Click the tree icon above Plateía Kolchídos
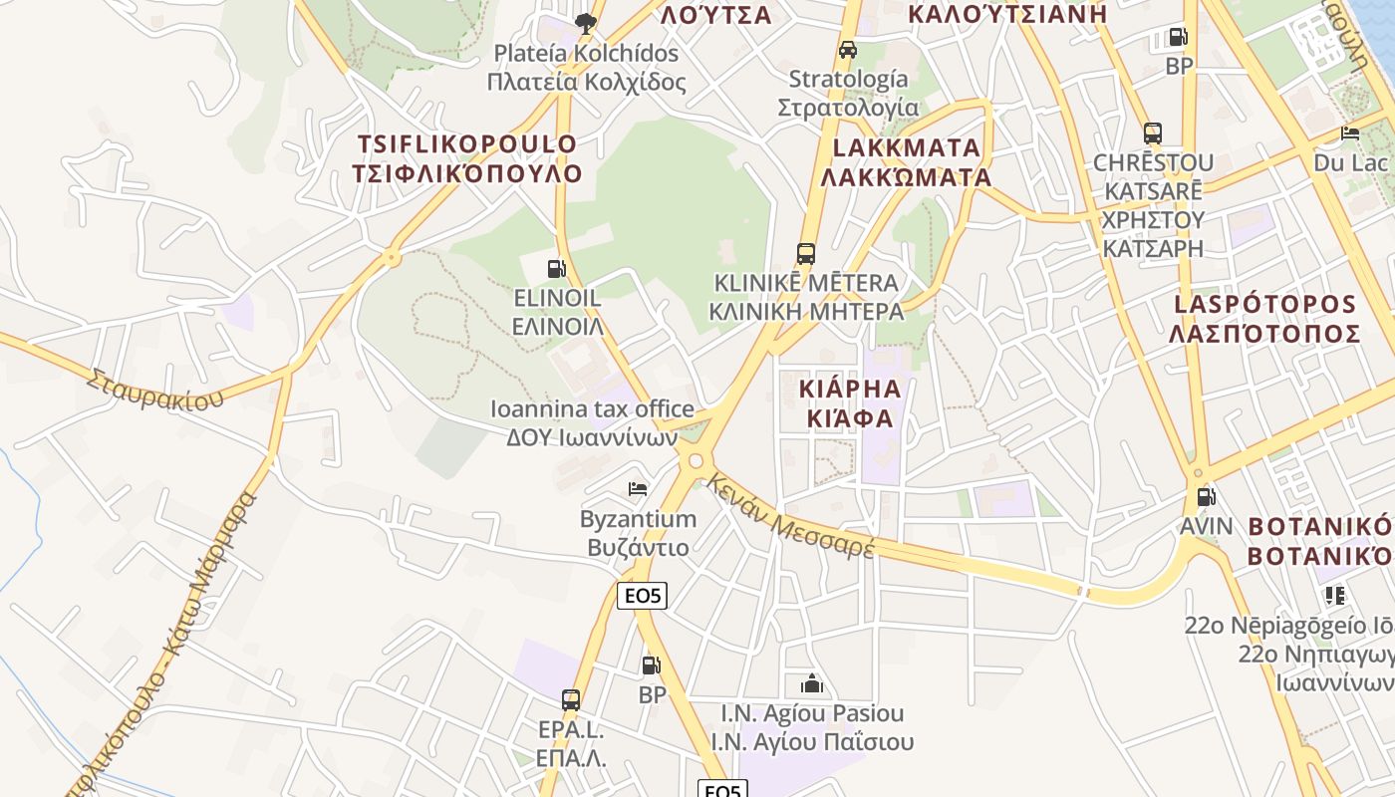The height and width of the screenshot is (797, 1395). pyautogui.click(x=586, y=22)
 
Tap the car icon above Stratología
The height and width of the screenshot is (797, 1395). pyautogui.click(x=848, y=50)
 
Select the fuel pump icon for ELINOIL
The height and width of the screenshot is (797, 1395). pyautogui.click(x=556, y=268)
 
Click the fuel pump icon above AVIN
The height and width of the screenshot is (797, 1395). pyautogui.click(x=1206, y=496)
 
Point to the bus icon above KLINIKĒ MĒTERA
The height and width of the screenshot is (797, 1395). pyautogui.click(x=805, y=254)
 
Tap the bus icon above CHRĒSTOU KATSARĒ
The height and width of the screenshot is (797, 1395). pyautogui.click(x=1153, y=133)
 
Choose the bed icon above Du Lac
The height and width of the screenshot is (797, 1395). pyautogui.click(x=1350, y=133)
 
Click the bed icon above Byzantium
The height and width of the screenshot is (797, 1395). pyautogui.click(x=638, y=489)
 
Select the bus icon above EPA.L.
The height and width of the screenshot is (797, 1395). pyautogui.click(x=571, y=699)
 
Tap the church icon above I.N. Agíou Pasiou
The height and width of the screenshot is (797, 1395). pyautogui.click(x=812, y=683)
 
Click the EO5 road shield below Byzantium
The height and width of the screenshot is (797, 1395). pyautogui.click(x=642, y=596)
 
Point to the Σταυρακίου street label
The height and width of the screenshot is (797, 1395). pyautogui.click(x=154, y=390)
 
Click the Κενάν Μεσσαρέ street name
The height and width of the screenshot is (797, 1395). pyautogui.click(x=791, y=516)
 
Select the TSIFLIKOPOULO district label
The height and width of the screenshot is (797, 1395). pyautogui.click(x=467, y=143)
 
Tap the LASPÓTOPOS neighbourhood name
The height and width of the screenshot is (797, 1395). pyautogui.click(x=1264, y=304)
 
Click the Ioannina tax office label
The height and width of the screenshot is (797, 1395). pyautogui.click(x=593, y=408)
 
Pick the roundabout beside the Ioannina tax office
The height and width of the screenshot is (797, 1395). pyautogui.click(x=695, y=460)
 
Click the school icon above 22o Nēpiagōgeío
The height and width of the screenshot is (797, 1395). pyautogui.click(x=1334, y=596)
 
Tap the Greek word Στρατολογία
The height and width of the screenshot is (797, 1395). pyautogui.click(x=848, y=107)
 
